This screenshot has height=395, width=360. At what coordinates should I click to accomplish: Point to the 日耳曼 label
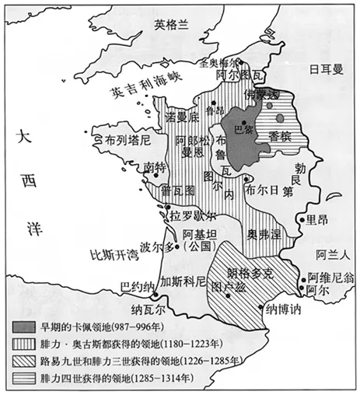coord(326,68)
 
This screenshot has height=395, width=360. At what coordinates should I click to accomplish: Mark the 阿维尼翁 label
coord(330,276)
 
